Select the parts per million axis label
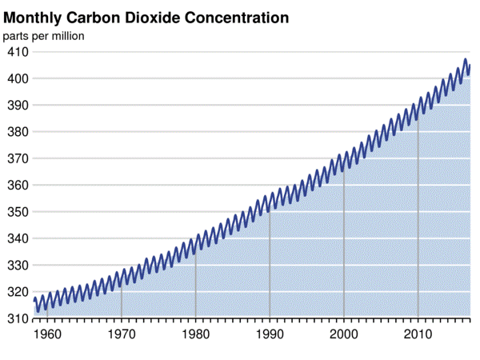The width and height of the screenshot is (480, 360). tap(43, 35)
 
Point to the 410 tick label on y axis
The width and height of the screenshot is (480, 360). tap(18, 52)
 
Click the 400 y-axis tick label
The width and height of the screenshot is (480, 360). tap(18, 78)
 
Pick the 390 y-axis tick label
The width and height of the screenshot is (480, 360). tap(18, 105)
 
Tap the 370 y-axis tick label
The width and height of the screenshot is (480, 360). tap(18, 158)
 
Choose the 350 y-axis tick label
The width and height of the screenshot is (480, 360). tap(18, 212)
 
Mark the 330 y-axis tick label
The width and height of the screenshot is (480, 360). tap(18, 265)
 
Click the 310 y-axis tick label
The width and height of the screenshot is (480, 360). tap(18, 318)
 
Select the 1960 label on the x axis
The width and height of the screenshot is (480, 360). tap(47, 333)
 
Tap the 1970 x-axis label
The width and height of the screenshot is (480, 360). tap(122, 333)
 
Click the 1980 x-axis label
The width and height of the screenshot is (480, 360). tap(195, 333)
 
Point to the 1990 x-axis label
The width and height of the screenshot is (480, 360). tap(270, 333)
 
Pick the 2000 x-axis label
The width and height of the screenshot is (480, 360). tap(344, 333)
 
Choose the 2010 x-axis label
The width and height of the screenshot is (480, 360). tap(418, 333)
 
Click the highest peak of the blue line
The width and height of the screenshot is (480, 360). tap(466, 59)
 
